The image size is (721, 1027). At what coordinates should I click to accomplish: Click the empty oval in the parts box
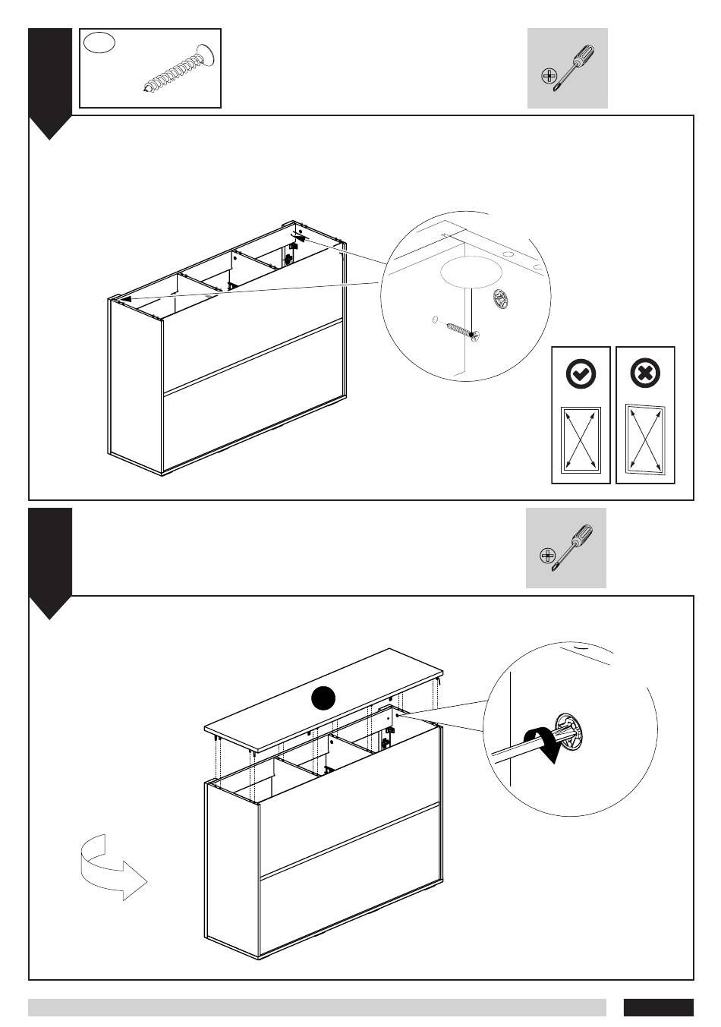pos(99,43)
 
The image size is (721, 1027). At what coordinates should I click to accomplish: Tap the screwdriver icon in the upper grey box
pos(568,68)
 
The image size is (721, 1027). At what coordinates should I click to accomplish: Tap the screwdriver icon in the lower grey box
pos(567,548)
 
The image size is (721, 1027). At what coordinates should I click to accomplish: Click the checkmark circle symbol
pos(581,373)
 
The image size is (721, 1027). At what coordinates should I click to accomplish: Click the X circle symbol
pos(645,373)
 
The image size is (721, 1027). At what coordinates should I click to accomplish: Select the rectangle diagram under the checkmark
pos(581,441)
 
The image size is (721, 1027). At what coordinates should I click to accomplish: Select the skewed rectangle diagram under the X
pos(645,439)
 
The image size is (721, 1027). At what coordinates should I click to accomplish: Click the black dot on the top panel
pos(324,698)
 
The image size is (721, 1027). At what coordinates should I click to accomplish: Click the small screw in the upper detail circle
pos(459,329)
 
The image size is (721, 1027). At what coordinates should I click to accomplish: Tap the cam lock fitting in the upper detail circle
pos(500,299)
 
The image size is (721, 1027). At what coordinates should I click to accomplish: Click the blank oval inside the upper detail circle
pos(472,272)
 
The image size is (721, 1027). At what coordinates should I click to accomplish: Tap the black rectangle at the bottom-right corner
pos(658,1007)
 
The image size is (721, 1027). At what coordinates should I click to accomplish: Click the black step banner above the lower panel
pos(50,562)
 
